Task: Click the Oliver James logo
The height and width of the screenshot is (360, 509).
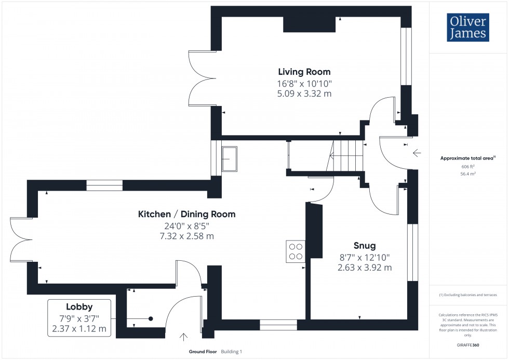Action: (467, 27)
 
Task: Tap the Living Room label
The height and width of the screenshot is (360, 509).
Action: (304, 72)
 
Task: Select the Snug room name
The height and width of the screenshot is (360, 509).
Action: (364, 246)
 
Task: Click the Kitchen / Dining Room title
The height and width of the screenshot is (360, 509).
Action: (186, 214)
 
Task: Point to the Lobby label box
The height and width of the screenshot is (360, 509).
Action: (79, 316)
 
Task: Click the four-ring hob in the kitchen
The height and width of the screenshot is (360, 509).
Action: (296, 251)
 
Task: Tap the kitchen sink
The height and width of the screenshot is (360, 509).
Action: (229, 158)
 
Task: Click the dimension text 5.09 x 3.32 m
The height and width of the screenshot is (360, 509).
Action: (304, 94)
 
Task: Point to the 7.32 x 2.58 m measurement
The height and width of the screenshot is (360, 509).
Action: (186, 236)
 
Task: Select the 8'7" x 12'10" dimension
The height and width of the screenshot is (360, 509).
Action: (364, 257)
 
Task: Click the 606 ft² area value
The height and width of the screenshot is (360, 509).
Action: (468, 167)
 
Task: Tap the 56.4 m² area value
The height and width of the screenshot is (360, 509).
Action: (468, 175)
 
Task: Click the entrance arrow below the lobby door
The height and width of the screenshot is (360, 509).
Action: (183, 337)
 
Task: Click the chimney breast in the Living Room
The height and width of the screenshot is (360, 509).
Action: (309, 24)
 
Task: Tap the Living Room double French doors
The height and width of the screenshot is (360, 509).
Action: (202, 78)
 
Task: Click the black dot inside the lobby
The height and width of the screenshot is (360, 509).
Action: (151, 318)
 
